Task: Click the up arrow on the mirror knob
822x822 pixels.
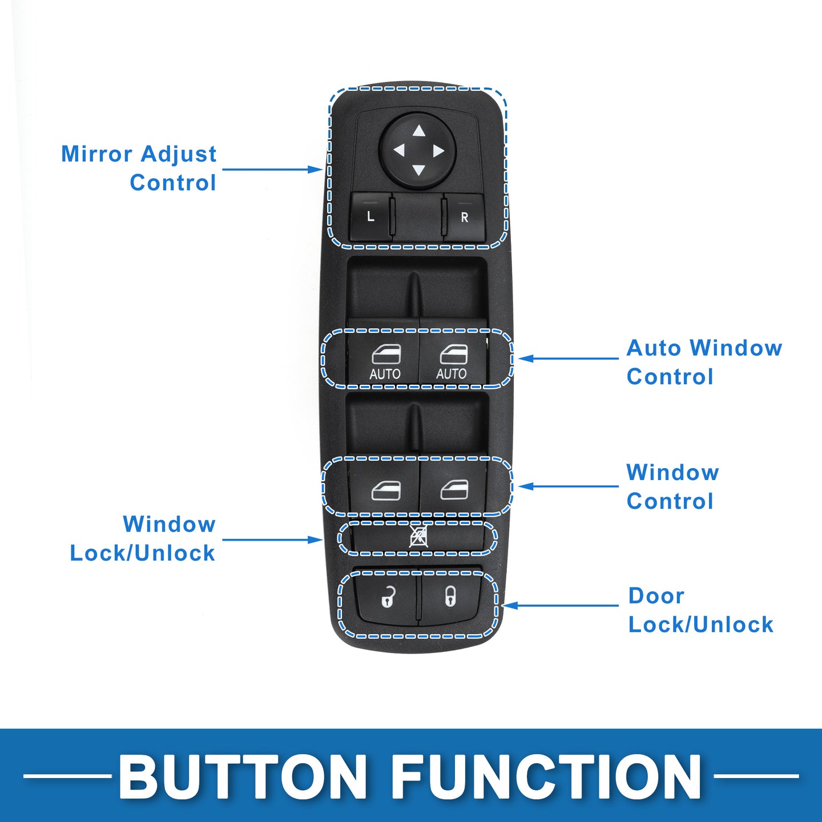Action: coord(419,131)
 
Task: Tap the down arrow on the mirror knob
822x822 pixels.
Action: coord(419,171)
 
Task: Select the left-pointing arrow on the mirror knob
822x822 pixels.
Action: coord(399,151)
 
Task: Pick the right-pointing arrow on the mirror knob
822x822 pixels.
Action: coord(438,151)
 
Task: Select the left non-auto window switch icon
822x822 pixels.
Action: coord(386,490)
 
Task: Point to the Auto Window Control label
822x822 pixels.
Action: coord(704,362)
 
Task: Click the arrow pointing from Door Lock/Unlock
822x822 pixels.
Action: coord(561,605)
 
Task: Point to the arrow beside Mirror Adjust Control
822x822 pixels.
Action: coord(273,170)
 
